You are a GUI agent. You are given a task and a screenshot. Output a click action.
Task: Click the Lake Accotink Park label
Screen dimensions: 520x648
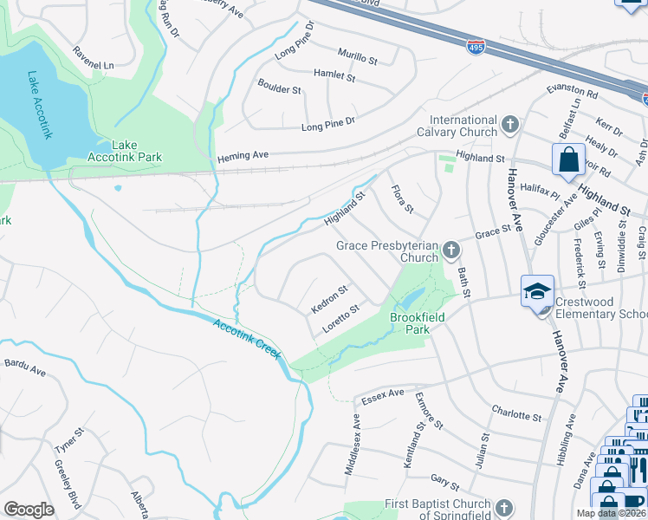(x=125, y=151)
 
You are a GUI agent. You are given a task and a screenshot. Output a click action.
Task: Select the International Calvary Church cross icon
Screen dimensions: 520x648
(x=510, y=126)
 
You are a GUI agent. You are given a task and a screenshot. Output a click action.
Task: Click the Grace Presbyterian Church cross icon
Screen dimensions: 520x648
(x=450, y=251)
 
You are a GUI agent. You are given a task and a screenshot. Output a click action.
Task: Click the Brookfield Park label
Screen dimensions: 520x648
(x=417, y=323)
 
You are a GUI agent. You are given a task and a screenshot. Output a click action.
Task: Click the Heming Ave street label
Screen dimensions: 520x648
(x=243, y=155)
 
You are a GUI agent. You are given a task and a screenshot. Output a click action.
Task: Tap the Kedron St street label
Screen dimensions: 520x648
(x=328, y=299)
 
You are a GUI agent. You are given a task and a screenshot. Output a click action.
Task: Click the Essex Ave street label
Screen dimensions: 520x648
(x=384, y=394)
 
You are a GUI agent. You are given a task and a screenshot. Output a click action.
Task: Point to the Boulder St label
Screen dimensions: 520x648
(x=279, y=88)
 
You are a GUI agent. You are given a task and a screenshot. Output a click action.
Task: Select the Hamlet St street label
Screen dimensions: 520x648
(x=334, y=75)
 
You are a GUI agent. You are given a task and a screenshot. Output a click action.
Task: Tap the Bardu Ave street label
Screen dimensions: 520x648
(x=25, y=367)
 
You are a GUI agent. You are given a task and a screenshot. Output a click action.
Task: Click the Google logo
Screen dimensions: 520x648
(x=29, y=510)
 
